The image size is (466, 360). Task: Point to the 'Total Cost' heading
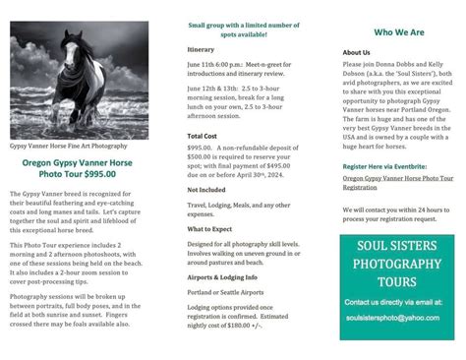[x=203, y=136]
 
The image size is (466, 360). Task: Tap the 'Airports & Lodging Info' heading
[x=221, y=278]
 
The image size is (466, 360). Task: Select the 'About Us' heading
[x=356, y=52]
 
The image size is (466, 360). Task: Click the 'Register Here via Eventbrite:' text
[x=386, y=167]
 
